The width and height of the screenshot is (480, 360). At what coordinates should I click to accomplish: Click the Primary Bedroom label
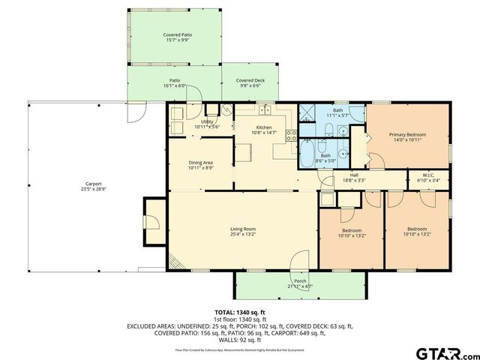click(x=407, y=135)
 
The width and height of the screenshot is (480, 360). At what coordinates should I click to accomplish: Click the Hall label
click(x=354, y=175)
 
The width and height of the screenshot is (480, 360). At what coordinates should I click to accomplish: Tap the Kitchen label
click(x=264, y=127)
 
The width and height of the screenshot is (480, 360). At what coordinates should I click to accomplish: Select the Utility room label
click(x=207, y=121)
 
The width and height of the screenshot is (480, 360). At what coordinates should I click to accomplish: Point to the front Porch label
click(x=300, y=281)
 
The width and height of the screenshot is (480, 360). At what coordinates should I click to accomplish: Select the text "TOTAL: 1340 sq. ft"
click(x=240, y=312)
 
